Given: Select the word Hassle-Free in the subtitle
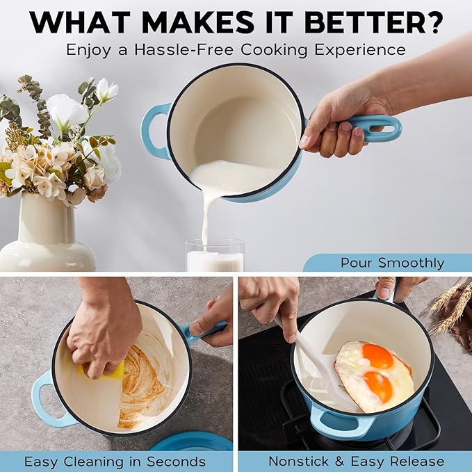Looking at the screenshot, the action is pos(184,49).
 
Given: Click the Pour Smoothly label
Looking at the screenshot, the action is pos(392,263).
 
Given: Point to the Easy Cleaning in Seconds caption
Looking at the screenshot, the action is pos(115,462).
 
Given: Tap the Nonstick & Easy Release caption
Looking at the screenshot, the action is pos(356,461).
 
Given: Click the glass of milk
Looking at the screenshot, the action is pos(215,255).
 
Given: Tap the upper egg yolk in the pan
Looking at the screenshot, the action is pos(378,355).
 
